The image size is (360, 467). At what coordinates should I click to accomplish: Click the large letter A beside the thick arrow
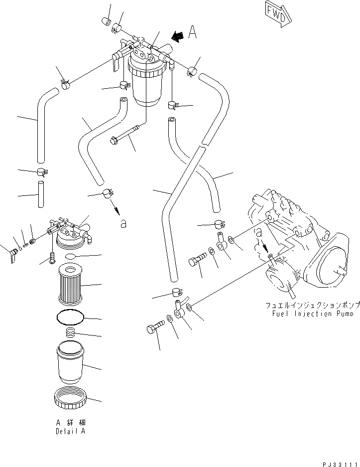(193, 33)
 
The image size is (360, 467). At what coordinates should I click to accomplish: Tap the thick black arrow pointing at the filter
(176, 35)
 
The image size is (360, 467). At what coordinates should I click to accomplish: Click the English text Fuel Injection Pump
(313, 313)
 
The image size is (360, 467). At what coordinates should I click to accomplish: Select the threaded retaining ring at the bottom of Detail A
(71, 400)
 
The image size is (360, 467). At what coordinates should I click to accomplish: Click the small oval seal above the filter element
(71, 256)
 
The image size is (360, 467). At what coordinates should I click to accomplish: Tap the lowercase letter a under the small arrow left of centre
(122, 224)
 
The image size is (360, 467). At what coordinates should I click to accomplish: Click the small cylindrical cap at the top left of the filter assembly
(106, 21)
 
